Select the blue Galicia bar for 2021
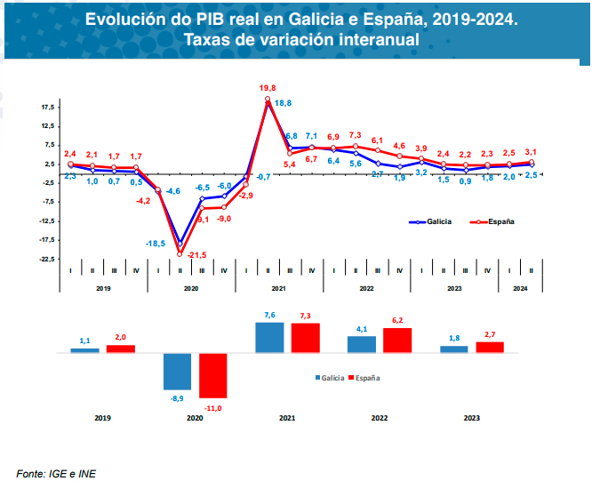point(269,337)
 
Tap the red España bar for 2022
point(397,340)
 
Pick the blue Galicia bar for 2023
point(454,349)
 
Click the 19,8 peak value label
point(268,88)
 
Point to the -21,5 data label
point(197,254)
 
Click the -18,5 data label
point(156,244)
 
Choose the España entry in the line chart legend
point(499,221)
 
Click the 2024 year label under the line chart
point(520,289)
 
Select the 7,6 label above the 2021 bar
point(269,315)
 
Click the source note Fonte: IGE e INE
point(55,472)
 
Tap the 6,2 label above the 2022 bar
point(397,320)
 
